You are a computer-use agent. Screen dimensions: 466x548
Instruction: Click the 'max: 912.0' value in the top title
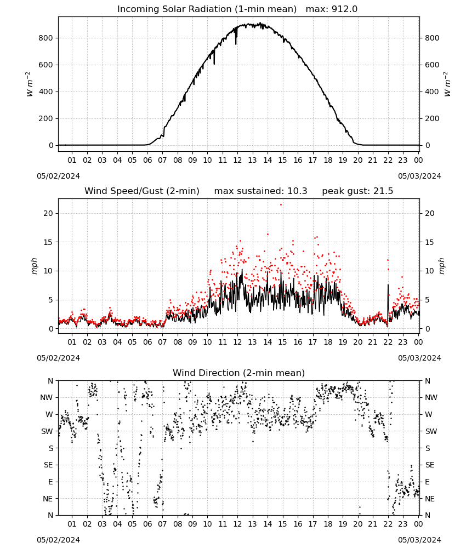pyautogui.click(x=332, y=9)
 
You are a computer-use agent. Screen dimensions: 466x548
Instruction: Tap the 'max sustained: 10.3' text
pyautogui.click(x=261, y=191)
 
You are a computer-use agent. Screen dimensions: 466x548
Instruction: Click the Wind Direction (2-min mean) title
pyautogui.click(x=239, y=373)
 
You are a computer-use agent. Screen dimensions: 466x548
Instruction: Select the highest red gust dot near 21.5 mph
pyautogui.click(x=281, y=205)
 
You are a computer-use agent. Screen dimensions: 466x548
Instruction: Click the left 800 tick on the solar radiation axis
pyautogui.click(x=46, y=38)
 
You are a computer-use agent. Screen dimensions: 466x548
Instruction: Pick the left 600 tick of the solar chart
pyautogui.click(x=46, y=65)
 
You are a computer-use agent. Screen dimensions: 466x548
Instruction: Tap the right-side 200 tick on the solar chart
pyautogui.click(x=432, y=119)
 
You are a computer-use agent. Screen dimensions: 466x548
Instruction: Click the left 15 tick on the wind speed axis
pyautogui.click(x=48, y=242)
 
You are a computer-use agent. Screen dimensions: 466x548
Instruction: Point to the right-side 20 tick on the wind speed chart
pyautogui.click(x=430, y=214)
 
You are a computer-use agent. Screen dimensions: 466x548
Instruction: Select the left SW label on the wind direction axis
pyautogui.click(x=47, y=432)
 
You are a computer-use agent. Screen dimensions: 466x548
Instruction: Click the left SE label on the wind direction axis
pyautogui.click(x=48, y=465)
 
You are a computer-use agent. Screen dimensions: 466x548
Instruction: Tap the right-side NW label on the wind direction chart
pyautogui.click(x=431, y=398)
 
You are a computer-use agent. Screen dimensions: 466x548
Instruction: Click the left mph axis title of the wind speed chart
pyautogui.click(x=34, y=266)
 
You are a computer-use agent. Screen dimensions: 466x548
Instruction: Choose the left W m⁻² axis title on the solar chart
pyautogui.click(x=30, y=84)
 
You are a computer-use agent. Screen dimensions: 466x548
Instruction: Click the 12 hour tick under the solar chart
pyautogui.click(x=237, y=160)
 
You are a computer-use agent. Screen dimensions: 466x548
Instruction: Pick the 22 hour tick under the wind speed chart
pyautogui.click(x=388, y=342)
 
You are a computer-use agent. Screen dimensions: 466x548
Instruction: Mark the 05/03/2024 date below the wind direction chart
pyautogui.click(x=419, y=540)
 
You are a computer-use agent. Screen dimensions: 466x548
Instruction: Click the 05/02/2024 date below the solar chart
pyautogui.click(x=58, y=176)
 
